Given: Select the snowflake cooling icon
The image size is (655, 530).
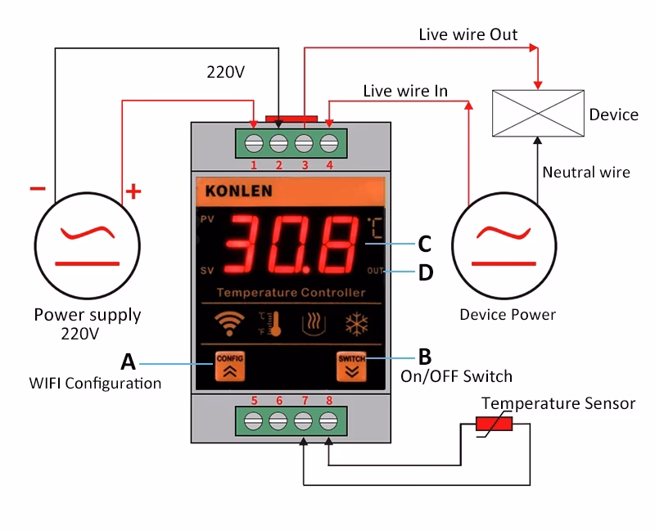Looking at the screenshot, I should tap(354, 324).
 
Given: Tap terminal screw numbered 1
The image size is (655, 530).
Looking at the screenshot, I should tap(253, 142).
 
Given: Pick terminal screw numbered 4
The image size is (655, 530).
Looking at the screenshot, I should tap(329, 142).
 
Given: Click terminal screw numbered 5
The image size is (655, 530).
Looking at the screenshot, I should tap(253, 423).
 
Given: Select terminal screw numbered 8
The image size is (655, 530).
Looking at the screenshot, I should tap(329, 423).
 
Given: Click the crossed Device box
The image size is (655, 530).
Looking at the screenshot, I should tap(537, 114).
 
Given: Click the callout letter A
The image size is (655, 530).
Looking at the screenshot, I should tap(128, 361).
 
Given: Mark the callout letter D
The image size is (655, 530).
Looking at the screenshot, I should tap(425, 272).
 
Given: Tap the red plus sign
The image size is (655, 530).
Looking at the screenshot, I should tap(133, 193).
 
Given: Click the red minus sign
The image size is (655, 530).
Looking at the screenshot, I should tap(38, 189).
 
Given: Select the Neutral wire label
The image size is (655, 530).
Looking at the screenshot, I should tap(586, 172).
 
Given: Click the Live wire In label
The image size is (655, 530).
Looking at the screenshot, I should tap(405, 90).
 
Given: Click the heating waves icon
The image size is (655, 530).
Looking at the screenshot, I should tap(315, 324).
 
